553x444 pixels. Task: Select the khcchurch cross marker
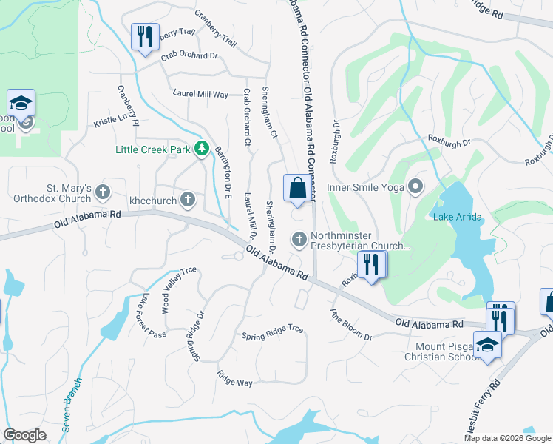tap(189, 199)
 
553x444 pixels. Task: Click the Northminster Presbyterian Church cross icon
tap(299, 238)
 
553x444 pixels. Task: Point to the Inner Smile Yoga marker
tap(416, 186)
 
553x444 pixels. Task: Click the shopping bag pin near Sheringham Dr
tap(297, 189)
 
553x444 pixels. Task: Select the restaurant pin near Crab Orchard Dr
tap(144, 36)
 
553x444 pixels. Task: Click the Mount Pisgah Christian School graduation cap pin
tap(487, 345)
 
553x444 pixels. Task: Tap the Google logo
tap(24, 435)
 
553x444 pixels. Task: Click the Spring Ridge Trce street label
tap(273, 332)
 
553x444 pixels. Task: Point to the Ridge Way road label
tap(235, 377)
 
